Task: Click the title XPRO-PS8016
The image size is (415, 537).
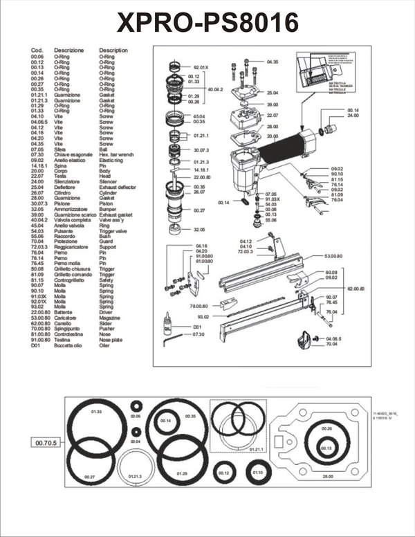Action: (x=207, y=23)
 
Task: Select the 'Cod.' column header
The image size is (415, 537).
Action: (x=38, y=51)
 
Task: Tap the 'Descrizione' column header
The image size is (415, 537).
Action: (x=69, y=51)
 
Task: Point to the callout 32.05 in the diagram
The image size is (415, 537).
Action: (x=200, y=229)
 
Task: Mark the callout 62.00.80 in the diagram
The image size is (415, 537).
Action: (x=356, y=287)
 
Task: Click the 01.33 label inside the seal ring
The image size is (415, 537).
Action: (x=97, y=412)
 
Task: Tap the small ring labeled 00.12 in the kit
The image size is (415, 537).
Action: (x=223, y=473)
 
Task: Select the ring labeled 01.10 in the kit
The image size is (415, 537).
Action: (x=258, y=473)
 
